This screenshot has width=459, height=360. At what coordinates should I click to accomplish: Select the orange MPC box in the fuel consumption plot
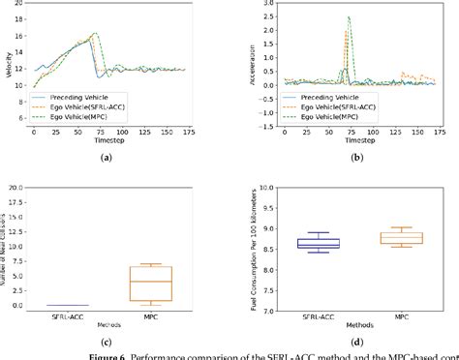pyautogui.click(x=395, y=237)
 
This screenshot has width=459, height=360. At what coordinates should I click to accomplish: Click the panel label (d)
pyautogui.click(x=357, y=342)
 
